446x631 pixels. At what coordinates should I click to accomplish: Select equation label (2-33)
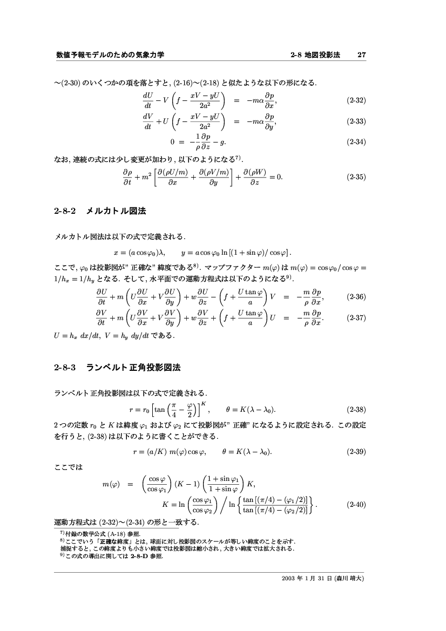[x=356, y=121]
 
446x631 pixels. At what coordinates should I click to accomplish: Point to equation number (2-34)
[x=356, y=143]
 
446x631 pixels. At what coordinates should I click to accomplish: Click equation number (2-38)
[x=356, y=409]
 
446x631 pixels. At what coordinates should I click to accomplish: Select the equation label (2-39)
[x=356, y=452]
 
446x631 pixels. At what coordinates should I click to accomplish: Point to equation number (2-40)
[x=356, y=505]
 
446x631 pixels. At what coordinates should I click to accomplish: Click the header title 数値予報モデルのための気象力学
[x=110, y=55]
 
